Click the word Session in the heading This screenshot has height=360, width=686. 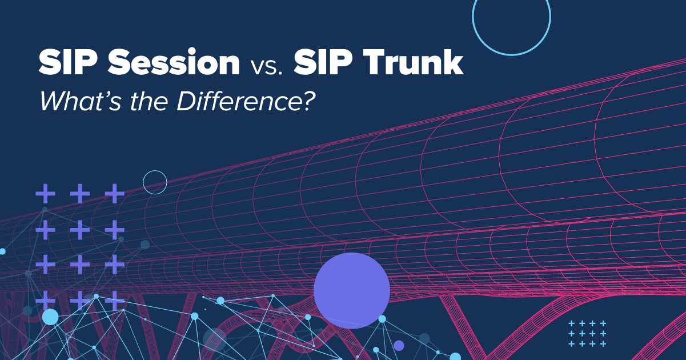(174, 63)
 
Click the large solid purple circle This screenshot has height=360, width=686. (352, 290)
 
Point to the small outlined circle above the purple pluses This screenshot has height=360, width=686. (155, 182)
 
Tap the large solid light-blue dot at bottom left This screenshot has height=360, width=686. (50, 317)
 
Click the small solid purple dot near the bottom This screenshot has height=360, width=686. (399, 345)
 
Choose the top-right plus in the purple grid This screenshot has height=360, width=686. (115, 194)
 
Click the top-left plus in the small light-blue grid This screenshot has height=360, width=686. (571, 323)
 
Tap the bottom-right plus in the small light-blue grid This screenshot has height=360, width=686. (603, 343)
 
